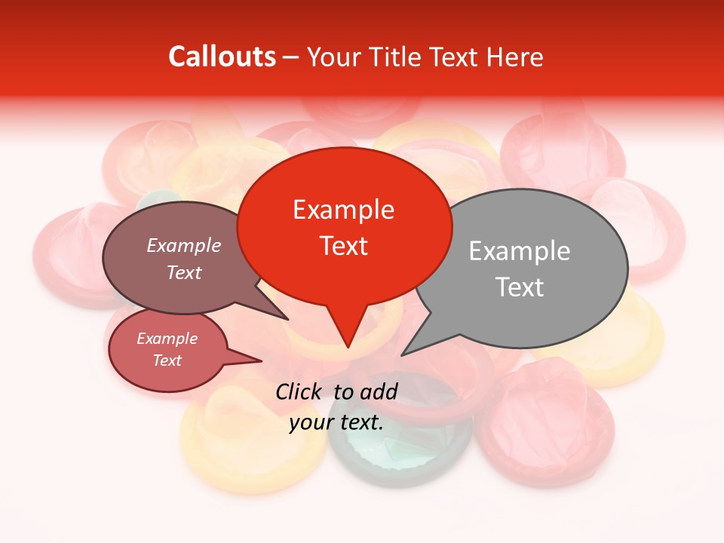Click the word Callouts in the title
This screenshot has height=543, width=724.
coord(222,57)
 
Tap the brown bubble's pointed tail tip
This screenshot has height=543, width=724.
coord(287,319)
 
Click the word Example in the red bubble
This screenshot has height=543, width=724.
coord(343,210)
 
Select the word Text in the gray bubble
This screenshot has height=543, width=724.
coord(520,287)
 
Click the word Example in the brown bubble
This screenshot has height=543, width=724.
coord(184,246)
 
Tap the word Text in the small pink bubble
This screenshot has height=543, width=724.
coord(167,360)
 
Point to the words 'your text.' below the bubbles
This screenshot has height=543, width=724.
coord(336,423)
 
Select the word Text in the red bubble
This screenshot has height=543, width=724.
coord(344,246)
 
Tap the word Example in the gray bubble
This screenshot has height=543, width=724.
coord(520,251)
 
